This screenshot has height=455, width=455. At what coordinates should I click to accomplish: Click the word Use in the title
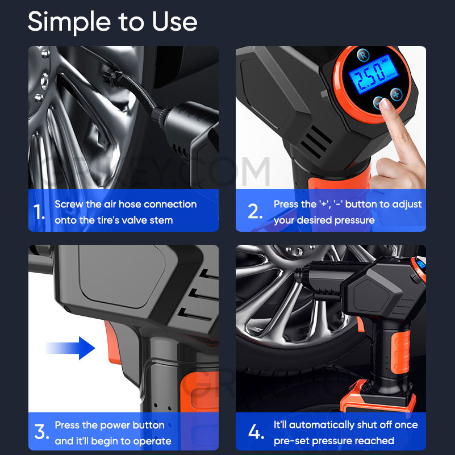click(x=174, y=22)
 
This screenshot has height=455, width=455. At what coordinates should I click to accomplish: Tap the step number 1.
click(x=39, y=212)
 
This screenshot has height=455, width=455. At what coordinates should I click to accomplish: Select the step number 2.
click(x=254, y=212)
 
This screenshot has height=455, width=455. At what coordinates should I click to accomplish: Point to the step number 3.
click(x=41, y=432)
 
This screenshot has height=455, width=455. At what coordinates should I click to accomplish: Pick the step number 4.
click(x=256, y=432)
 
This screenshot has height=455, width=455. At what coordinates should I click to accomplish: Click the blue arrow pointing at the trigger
click(x=70, y=347)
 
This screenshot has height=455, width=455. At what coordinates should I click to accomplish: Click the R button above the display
click(x=362, y=55)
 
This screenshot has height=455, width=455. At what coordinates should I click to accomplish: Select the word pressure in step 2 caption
click(x=354, y=220)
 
